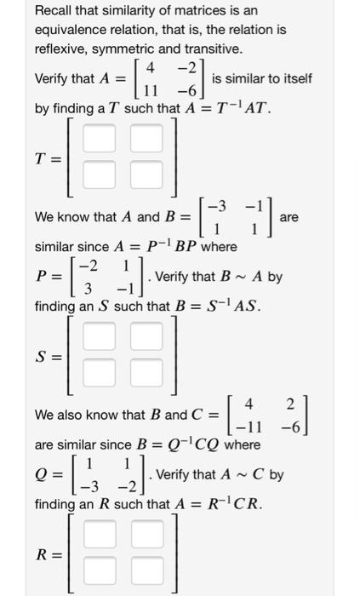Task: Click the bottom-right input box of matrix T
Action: coord(146,175)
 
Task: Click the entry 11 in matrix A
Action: coord(153,91)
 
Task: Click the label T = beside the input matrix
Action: coord(49,158)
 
